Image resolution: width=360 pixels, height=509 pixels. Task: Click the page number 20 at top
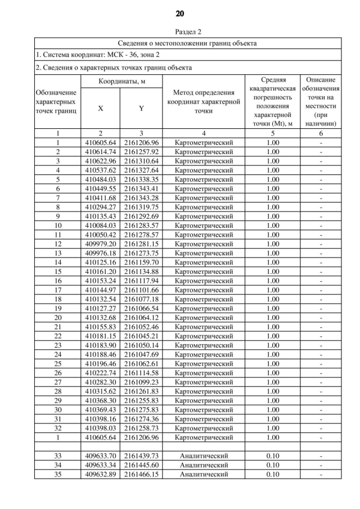click(x=180, y=13)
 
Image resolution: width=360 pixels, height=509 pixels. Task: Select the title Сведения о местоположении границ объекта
click(x=187, y=43)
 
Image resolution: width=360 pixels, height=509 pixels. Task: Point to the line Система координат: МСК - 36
click(x=97, y=55)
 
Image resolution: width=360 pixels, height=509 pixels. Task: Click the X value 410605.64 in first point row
click(x=100, y=143)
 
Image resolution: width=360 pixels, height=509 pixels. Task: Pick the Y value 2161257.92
click(x=141, y=152)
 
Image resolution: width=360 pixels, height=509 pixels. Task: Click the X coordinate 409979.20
click(x=100, y=244)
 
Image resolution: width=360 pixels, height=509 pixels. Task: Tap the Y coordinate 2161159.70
click(x=141, y=262)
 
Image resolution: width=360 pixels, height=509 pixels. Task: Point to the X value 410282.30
click(x=100, y=381)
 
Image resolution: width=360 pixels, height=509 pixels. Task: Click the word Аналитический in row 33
click(x=203, y=456)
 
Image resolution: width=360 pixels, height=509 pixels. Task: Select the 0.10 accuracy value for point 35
click(x=272, y=474)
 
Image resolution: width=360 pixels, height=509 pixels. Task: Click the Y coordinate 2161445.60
click(x=141, y=465)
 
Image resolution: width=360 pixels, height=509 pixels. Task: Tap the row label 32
click(x=57, y=427)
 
